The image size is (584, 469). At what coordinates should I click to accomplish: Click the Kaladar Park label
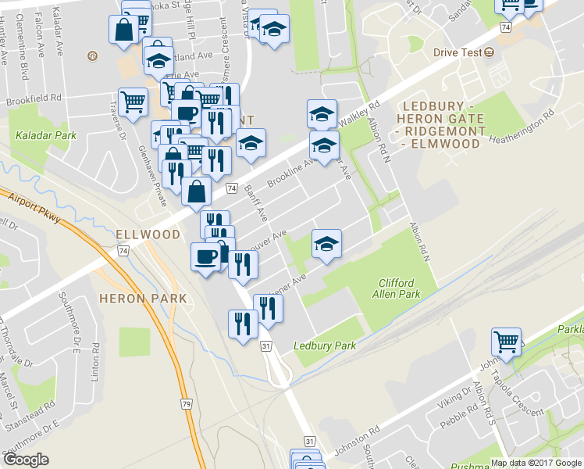46,135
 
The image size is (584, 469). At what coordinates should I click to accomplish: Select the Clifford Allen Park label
399,288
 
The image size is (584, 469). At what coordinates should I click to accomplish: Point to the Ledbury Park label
324,345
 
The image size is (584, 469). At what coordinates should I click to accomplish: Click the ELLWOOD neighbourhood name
148,234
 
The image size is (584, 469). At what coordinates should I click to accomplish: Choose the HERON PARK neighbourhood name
143,298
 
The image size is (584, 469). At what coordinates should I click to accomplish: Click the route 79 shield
186,403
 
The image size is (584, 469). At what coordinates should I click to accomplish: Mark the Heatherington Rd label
523,125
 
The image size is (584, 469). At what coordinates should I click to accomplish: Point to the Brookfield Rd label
33,99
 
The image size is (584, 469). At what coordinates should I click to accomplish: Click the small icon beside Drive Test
489,52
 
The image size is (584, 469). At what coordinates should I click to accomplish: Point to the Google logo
27,459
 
